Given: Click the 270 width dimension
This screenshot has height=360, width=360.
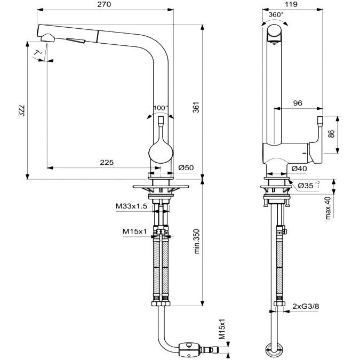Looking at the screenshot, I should pyautogui.click(x=104, y=5).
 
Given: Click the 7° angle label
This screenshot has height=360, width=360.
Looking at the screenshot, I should pyautogui.click(x=37, y=52).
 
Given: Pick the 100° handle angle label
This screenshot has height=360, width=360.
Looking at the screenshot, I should pyautogui.click(x=160, y=108).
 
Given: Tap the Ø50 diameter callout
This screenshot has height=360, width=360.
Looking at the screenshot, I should pyautogui.click(x=186, y=167).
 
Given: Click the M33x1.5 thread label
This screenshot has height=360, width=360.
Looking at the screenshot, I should pyautogui.click(x=132, y=205).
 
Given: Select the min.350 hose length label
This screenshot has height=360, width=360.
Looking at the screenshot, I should pyautogui.click(x=196, y=243).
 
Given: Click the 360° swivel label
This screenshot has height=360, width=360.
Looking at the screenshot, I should pyautogui.click(x=276, y=14).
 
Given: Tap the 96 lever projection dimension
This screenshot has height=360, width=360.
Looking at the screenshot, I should pyautogui.click(x=297, y=103).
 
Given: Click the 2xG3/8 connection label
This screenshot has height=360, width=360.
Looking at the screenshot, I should pyautogui.click(x=305, y=306).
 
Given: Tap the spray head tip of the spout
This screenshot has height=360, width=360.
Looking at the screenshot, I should pyautogui.click(x=46, y=38).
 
